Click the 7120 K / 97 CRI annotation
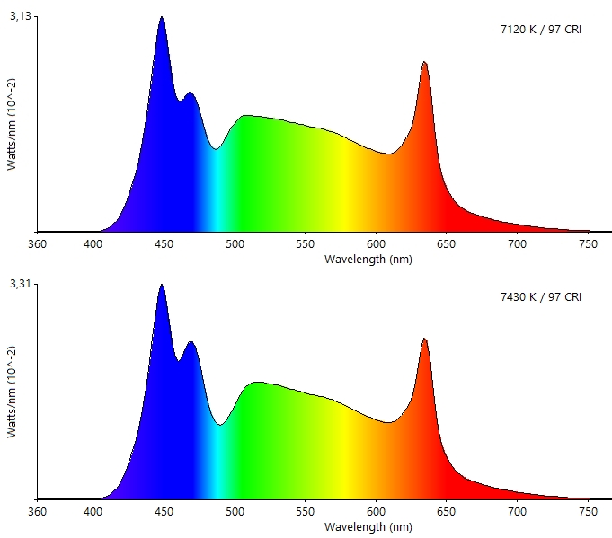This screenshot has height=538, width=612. [x=541, y=30]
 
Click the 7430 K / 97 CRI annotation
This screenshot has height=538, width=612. [x=541, y=297]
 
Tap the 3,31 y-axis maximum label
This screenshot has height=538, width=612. [x=20, y=284]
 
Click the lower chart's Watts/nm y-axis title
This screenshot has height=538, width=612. [x=12, y=392]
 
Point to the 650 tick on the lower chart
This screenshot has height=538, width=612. [x=446, y=511]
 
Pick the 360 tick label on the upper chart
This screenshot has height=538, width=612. [x=38, y=243]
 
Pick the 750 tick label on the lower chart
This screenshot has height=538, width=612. [x=587, y=511]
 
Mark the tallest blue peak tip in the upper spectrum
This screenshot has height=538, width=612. [x=162, y=17]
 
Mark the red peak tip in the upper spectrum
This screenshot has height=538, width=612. [x=424, y=62]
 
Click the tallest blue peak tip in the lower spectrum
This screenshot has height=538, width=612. [x=162, y=285]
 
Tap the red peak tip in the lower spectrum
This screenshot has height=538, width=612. [x=424, y=339]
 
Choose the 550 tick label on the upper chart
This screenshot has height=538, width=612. [x=306, y=243]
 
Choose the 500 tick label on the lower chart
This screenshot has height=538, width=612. [x=235, y=511]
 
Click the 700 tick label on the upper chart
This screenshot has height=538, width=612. [x=517, y=243]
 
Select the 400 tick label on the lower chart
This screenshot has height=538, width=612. [x=93, y=511]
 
